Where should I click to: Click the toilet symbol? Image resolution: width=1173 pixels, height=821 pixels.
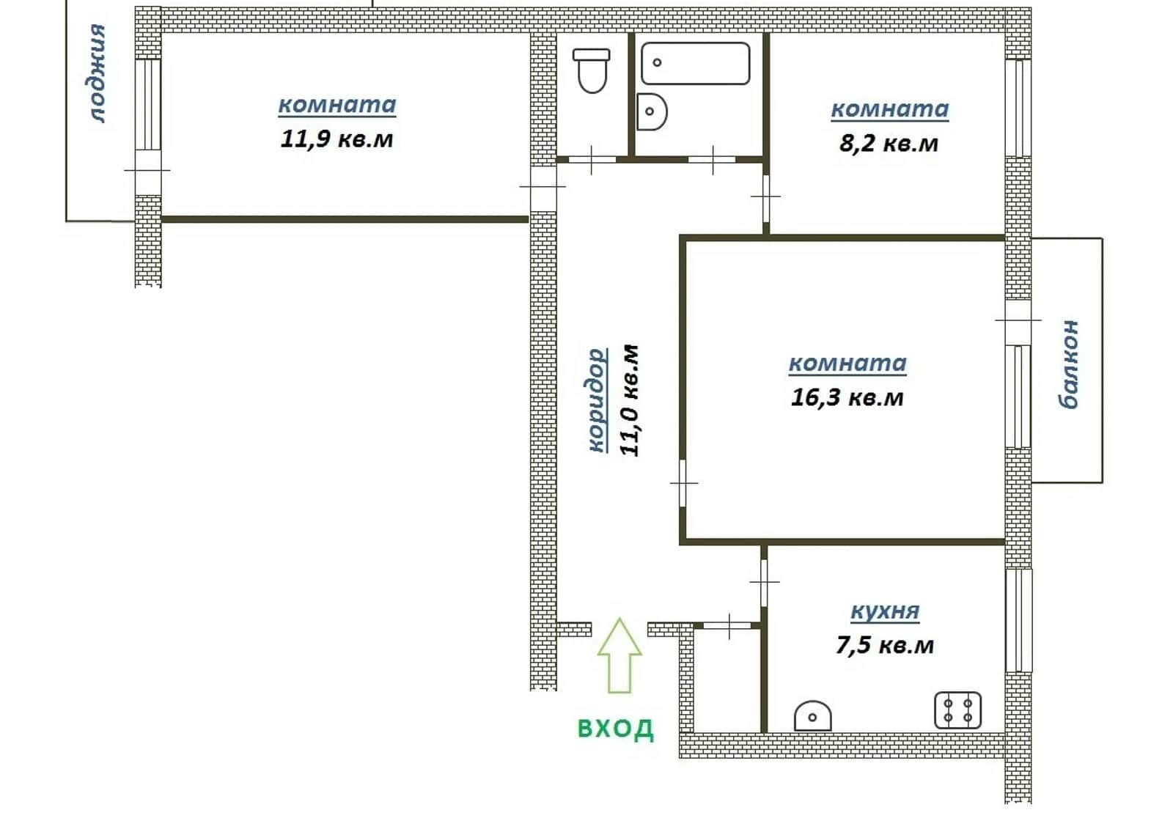592,70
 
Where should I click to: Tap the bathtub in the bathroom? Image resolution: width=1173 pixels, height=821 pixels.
696,63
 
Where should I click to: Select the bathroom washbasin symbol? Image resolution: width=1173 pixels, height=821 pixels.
652,111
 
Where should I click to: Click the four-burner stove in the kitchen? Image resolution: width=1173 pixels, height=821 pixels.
957,710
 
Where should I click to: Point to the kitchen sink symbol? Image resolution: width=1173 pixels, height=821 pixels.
813,715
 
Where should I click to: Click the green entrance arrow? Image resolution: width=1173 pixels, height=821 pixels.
619,655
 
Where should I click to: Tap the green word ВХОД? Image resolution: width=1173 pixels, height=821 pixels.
616,729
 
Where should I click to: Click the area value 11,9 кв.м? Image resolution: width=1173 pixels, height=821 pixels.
337,139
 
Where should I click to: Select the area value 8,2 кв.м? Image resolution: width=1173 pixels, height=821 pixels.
889,144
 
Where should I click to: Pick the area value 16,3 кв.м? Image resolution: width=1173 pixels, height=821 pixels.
847,397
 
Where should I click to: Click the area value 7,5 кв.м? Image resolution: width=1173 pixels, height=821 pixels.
884,645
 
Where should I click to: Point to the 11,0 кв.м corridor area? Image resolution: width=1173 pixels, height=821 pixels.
630,400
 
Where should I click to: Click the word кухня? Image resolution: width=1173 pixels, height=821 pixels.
884,611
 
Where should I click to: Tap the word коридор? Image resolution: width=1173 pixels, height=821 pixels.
597,400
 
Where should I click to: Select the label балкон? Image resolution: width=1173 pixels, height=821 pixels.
1067,364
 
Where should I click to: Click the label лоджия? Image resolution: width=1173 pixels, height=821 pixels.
97,73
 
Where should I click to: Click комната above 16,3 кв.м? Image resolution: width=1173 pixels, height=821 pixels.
847,363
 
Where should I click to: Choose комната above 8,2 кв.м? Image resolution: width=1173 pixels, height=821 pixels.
890,109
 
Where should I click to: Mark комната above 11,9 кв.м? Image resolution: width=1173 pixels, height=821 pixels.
337,105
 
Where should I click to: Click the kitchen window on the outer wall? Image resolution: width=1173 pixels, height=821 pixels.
1018,620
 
